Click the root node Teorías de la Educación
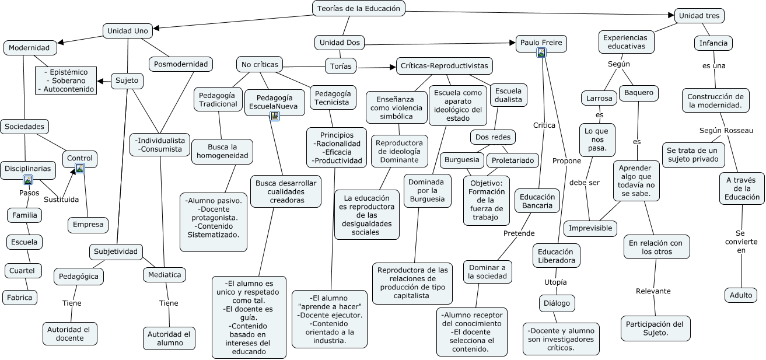pyautogui.click(x=359, y=8)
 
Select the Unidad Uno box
pyautogui.click(x=128, y=30)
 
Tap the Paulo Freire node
pyautogui.click(x=541, y=43)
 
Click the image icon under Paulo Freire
pyautogui.click(x=541, y=53)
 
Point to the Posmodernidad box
pyautogui.click(x=181, y=64)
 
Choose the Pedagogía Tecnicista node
pyautogui.click(x=333, y=97)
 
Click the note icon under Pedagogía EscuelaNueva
pyautogui.click(x=275, y=116)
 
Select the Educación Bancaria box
pyautogui.click(x=537, y=201)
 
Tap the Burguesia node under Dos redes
pyautogui.click(x=461, y=159)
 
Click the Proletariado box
pyautogui.click(x=513, y=160)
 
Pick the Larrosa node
pyautogui.click(x=599, y=98)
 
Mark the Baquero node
pyautogui.click(x=639, y=93)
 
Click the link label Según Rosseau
pyautogui.click(x=726, y=130)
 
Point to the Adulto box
pyautogui.click(x=741, y=295)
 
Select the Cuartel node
pyautogui.click(x=22, y=270)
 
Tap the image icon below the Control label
pyautogui.click(x=80, y=168)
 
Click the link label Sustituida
pyautogui.click(x=61, y=200)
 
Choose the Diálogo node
pyautogui.click(x=557, y=303)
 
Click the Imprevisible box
pyautogui.click(x=590, y=228)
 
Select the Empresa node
pyautogui.click(x=88, y=224)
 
